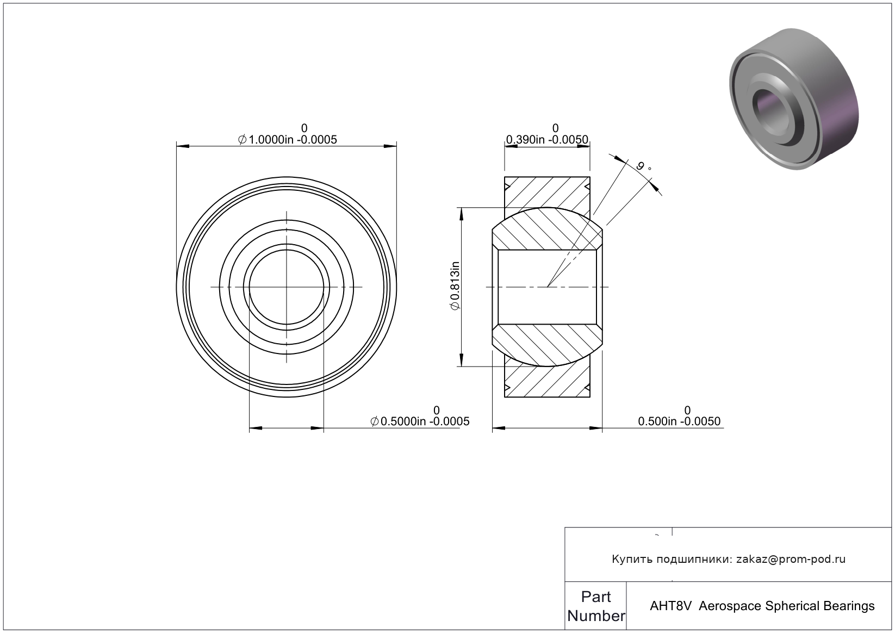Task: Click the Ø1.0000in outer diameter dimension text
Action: pyautogui.click(x=287, y=139)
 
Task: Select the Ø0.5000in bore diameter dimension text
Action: pyautogui.click(x=420, y=421)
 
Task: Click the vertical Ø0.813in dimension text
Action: pyautogui.click(x=455, y=286)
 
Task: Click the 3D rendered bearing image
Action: pyautogui.click(x=793, y=99)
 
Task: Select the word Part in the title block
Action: pyautogui.click(x=596, y=597)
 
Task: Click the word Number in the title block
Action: pyautogui.click(x=596, y=616)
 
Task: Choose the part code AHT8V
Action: pyautogui.click(x=670, y=606)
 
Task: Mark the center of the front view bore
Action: pyautogui.click(x=287, y=287)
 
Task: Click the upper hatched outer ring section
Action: pyautogui.click(x=547, y=193)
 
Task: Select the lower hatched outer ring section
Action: pyautogui.click(x=547, y=381)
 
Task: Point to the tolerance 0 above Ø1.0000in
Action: pyautogui.click(x=304, y=128)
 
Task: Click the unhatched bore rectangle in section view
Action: pyautogui.click(x=547, y=287)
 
